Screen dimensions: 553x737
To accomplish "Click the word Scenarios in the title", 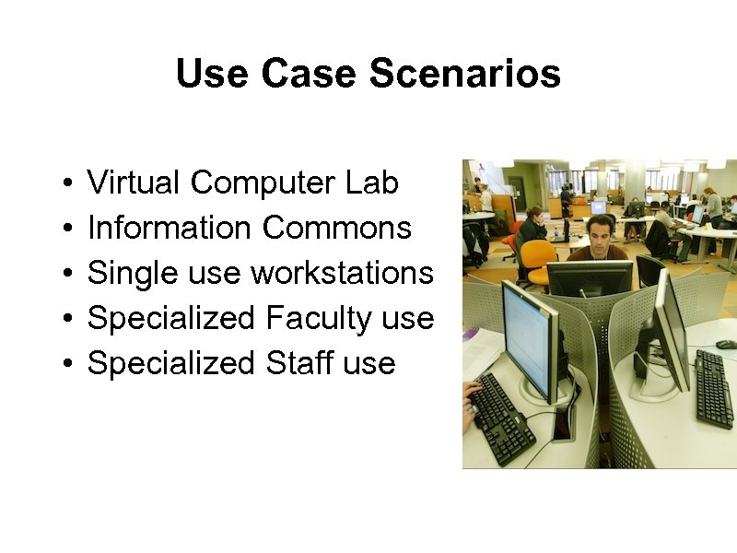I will (465, 74).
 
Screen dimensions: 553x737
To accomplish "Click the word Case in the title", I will (310, 74).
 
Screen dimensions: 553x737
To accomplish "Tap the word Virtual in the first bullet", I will (134, 182).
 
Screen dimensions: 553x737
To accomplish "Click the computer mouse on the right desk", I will (726, 344).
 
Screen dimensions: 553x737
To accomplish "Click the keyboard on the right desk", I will (713, 387).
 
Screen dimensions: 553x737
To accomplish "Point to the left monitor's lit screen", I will (528, 337).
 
